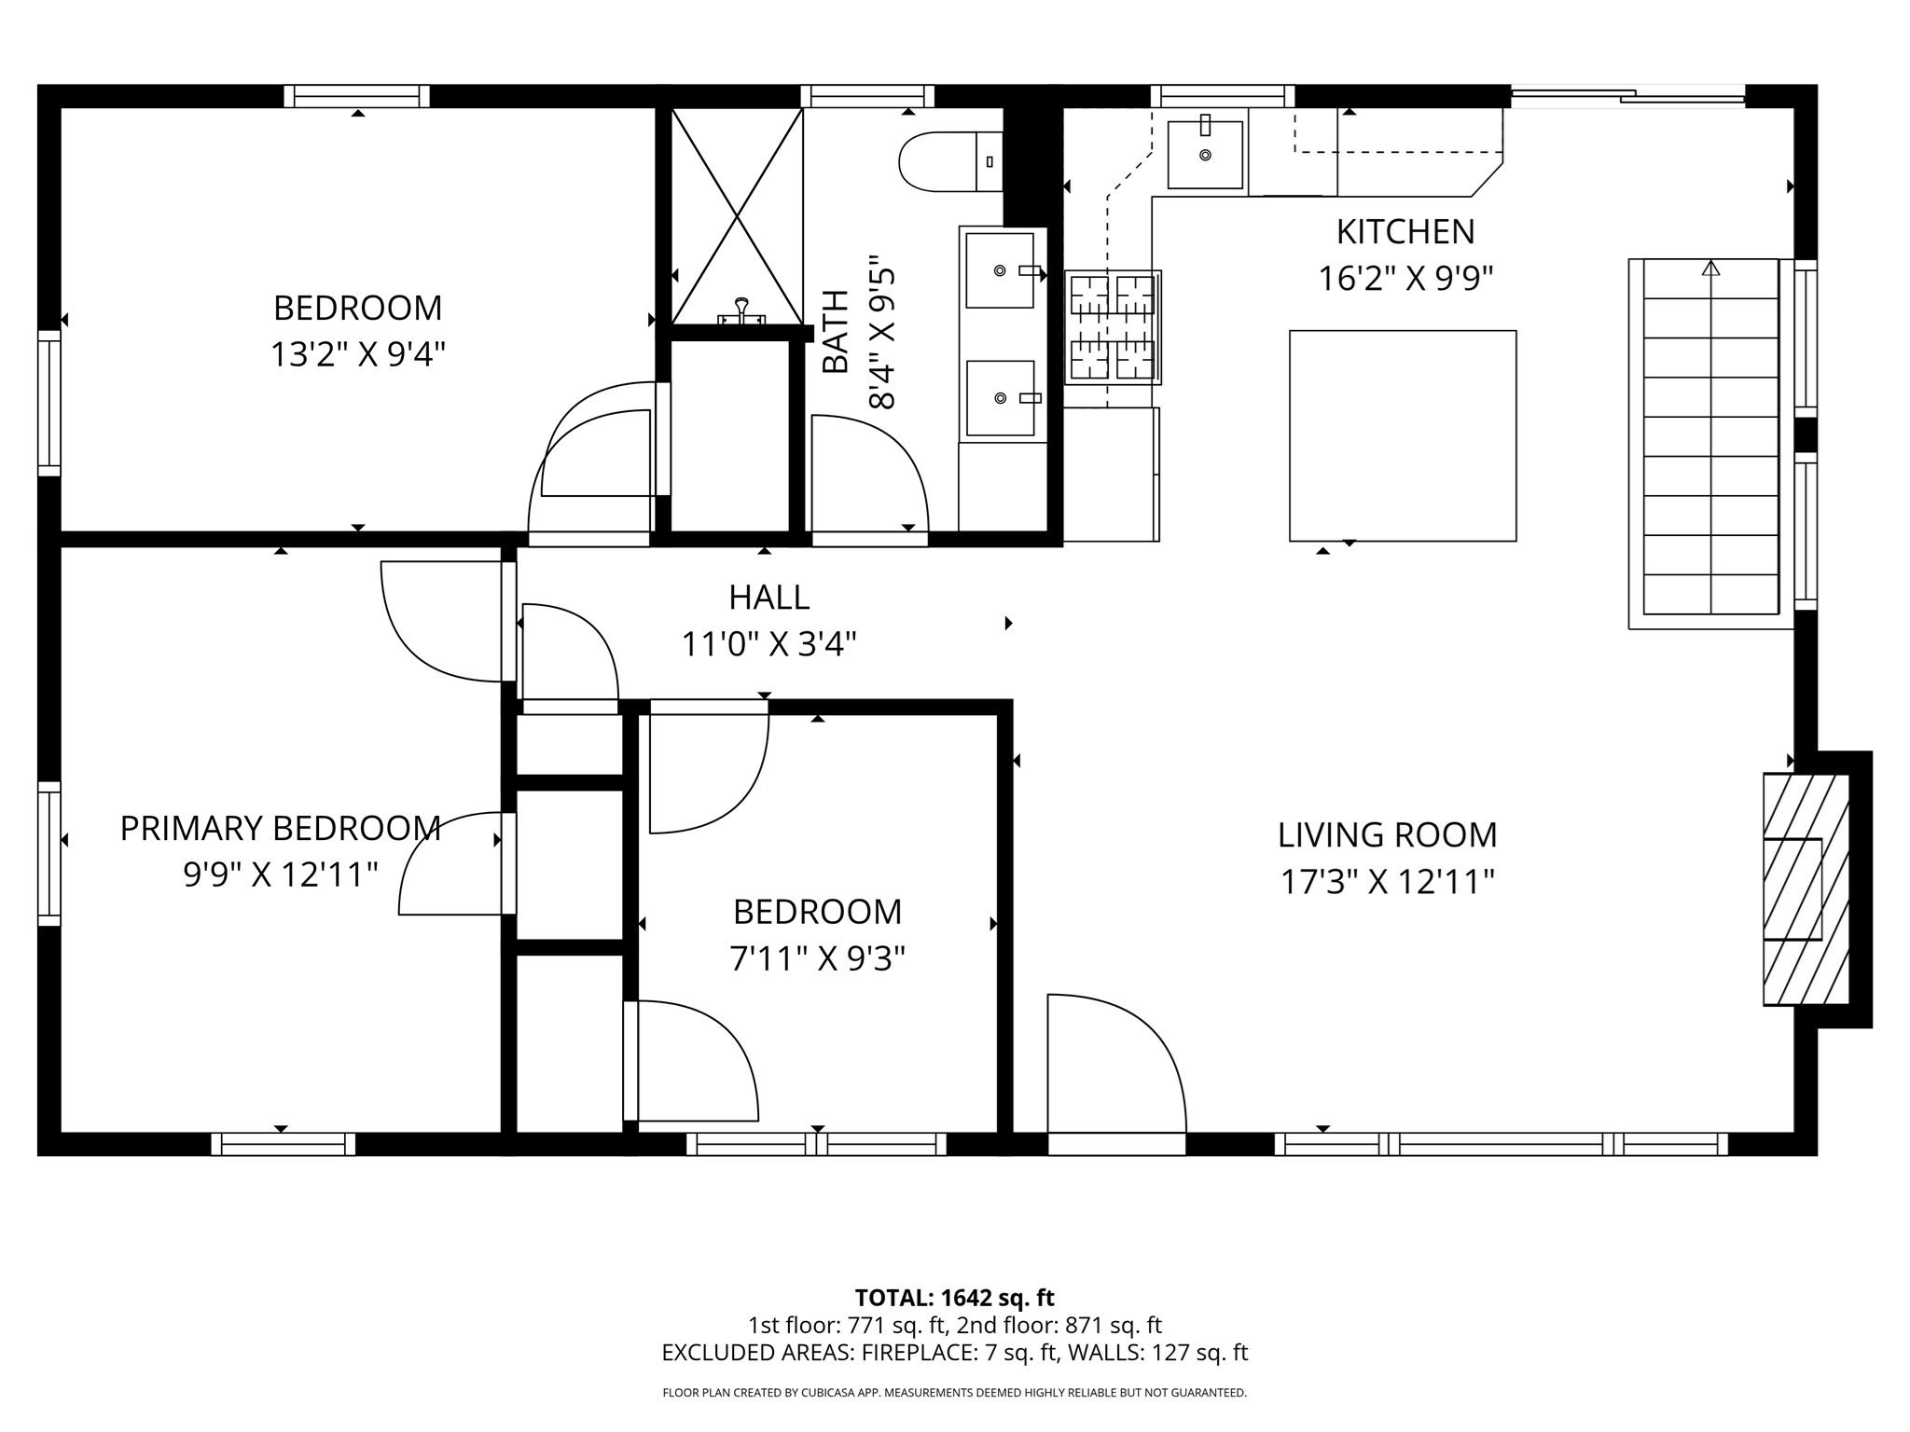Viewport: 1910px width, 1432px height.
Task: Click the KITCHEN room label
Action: tap(1405, 231)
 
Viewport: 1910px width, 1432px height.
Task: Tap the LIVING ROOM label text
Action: tap(1387, 834)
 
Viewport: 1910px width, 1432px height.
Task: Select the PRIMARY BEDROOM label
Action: tap(280, 828)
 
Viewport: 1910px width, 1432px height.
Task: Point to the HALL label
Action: tap(768, 597)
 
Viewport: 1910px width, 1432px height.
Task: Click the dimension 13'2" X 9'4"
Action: tap(357, 354)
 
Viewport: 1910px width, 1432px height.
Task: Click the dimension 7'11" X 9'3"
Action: tap(817, 958)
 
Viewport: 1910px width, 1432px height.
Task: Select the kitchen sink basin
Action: tap(1205, 154)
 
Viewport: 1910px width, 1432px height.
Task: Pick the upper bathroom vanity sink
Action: tap(1000, 270)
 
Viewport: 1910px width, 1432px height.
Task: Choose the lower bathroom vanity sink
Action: tap(1000, 398)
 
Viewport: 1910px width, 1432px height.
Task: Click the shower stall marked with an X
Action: tap(737, 216)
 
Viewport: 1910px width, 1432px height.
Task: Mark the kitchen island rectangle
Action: tap(1402, 435)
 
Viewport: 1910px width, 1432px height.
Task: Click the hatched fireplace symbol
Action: tap(1805, 888)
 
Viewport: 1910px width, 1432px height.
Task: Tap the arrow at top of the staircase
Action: tap(1709, 268)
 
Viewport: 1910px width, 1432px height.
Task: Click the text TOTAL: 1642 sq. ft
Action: tap(954, 1298)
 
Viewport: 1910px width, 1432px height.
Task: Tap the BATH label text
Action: tap(836, 331)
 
